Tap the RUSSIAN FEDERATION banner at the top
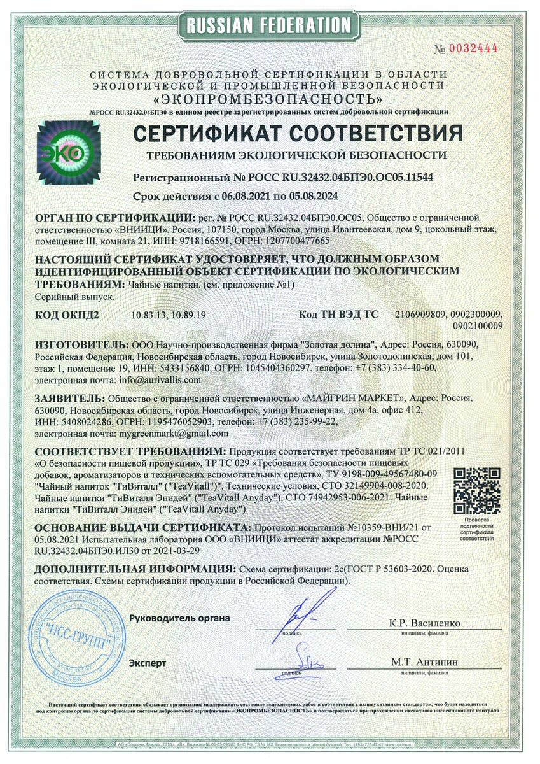(x=270, y=25)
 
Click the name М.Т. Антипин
(x=425, y=662)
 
